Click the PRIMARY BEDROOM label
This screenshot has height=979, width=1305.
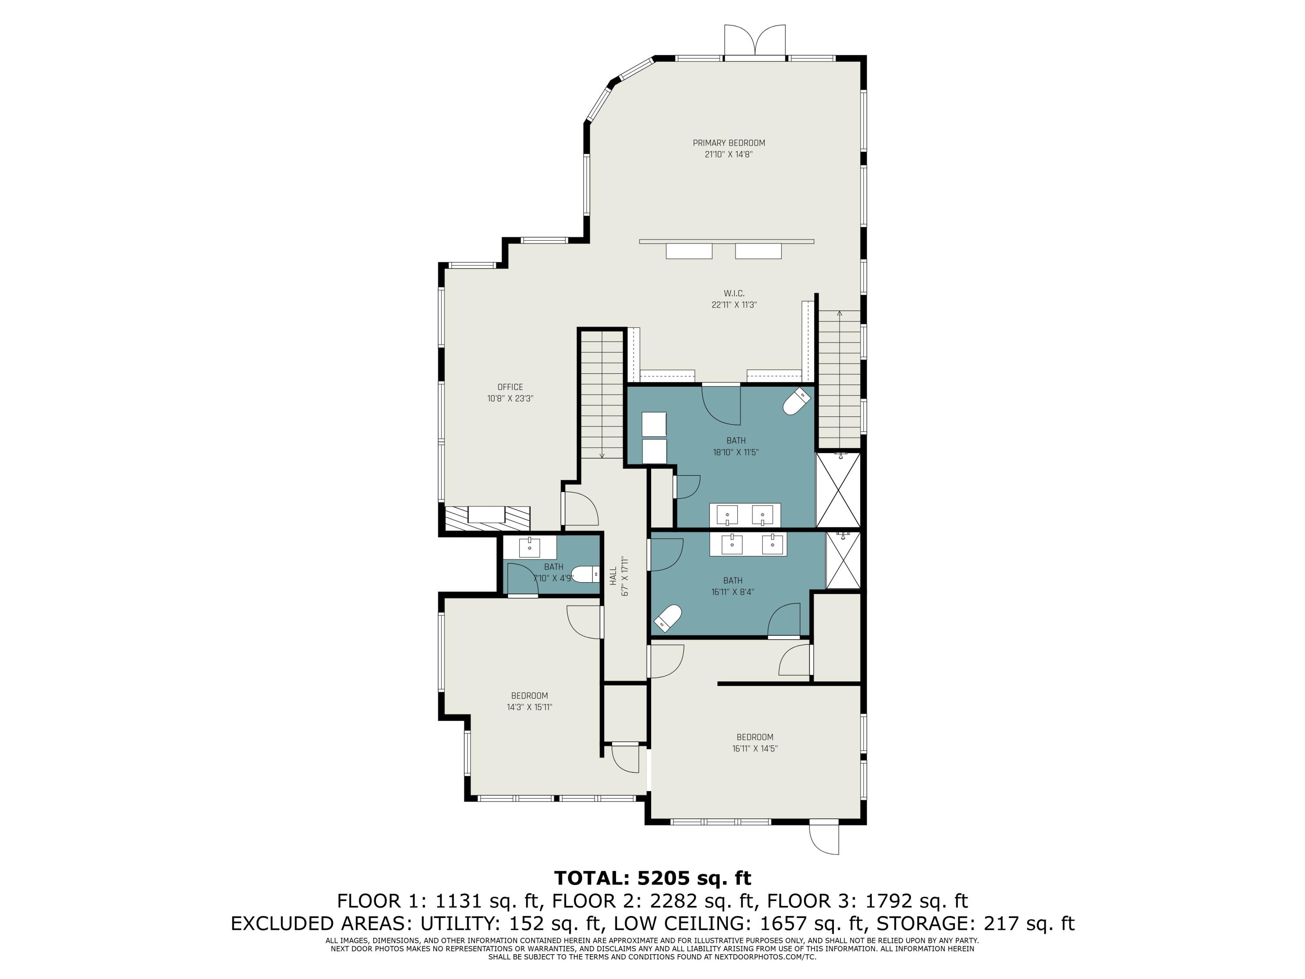tap(729, 143)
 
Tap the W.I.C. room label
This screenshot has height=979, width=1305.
tap(734, 293)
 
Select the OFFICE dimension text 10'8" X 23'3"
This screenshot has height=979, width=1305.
tap(510, 398)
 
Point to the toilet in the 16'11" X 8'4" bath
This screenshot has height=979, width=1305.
tap(668, 617)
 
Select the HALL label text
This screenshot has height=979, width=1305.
tap(613, 576)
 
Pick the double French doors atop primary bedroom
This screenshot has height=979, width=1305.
tap(755, 41)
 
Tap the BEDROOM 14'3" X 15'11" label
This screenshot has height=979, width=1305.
tap(529, 696)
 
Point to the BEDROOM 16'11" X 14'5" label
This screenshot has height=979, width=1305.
tap(755, 737)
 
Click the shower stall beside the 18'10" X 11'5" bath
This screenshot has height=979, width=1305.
tap(838, 490)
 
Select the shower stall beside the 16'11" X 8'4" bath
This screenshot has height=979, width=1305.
tap(843, 560)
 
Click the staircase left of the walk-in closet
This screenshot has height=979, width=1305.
tap(601, 394)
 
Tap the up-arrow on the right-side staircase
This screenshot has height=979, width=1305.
tap(840, 313)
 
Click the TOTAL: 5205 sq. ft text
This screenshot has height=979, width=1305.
tap(652, 878)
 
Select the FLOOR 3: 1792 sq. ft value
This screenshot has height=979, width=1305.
tap(867, 901)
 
